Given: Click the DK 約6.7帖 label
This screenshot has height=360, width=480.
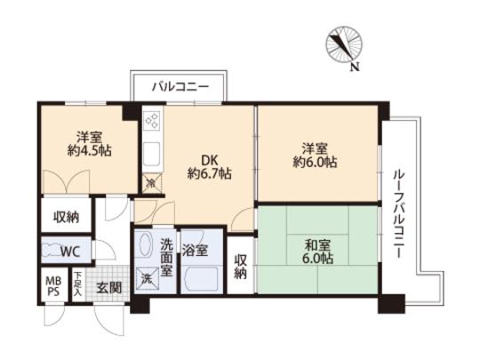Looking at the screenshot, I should (x=209, y=167).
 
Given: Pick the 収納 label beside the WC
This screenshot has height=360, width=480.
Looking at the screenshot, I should (x=66, y=216).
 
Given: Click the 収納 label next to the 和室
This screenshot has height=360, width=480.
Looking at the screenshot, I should (x=241, y=267).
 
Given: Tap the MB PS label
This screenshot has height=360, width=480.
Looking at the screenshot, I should (x=52, y=286).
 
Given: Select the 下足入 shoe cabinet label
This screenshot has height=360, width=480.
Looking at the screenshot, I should (x=79, y=284).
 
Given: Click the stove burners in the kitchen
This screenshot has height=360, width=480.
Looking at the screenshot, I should (x=151, y=119).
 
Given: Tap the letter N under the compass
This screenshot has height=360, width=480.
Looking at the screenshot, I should (x=355, y=67).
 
